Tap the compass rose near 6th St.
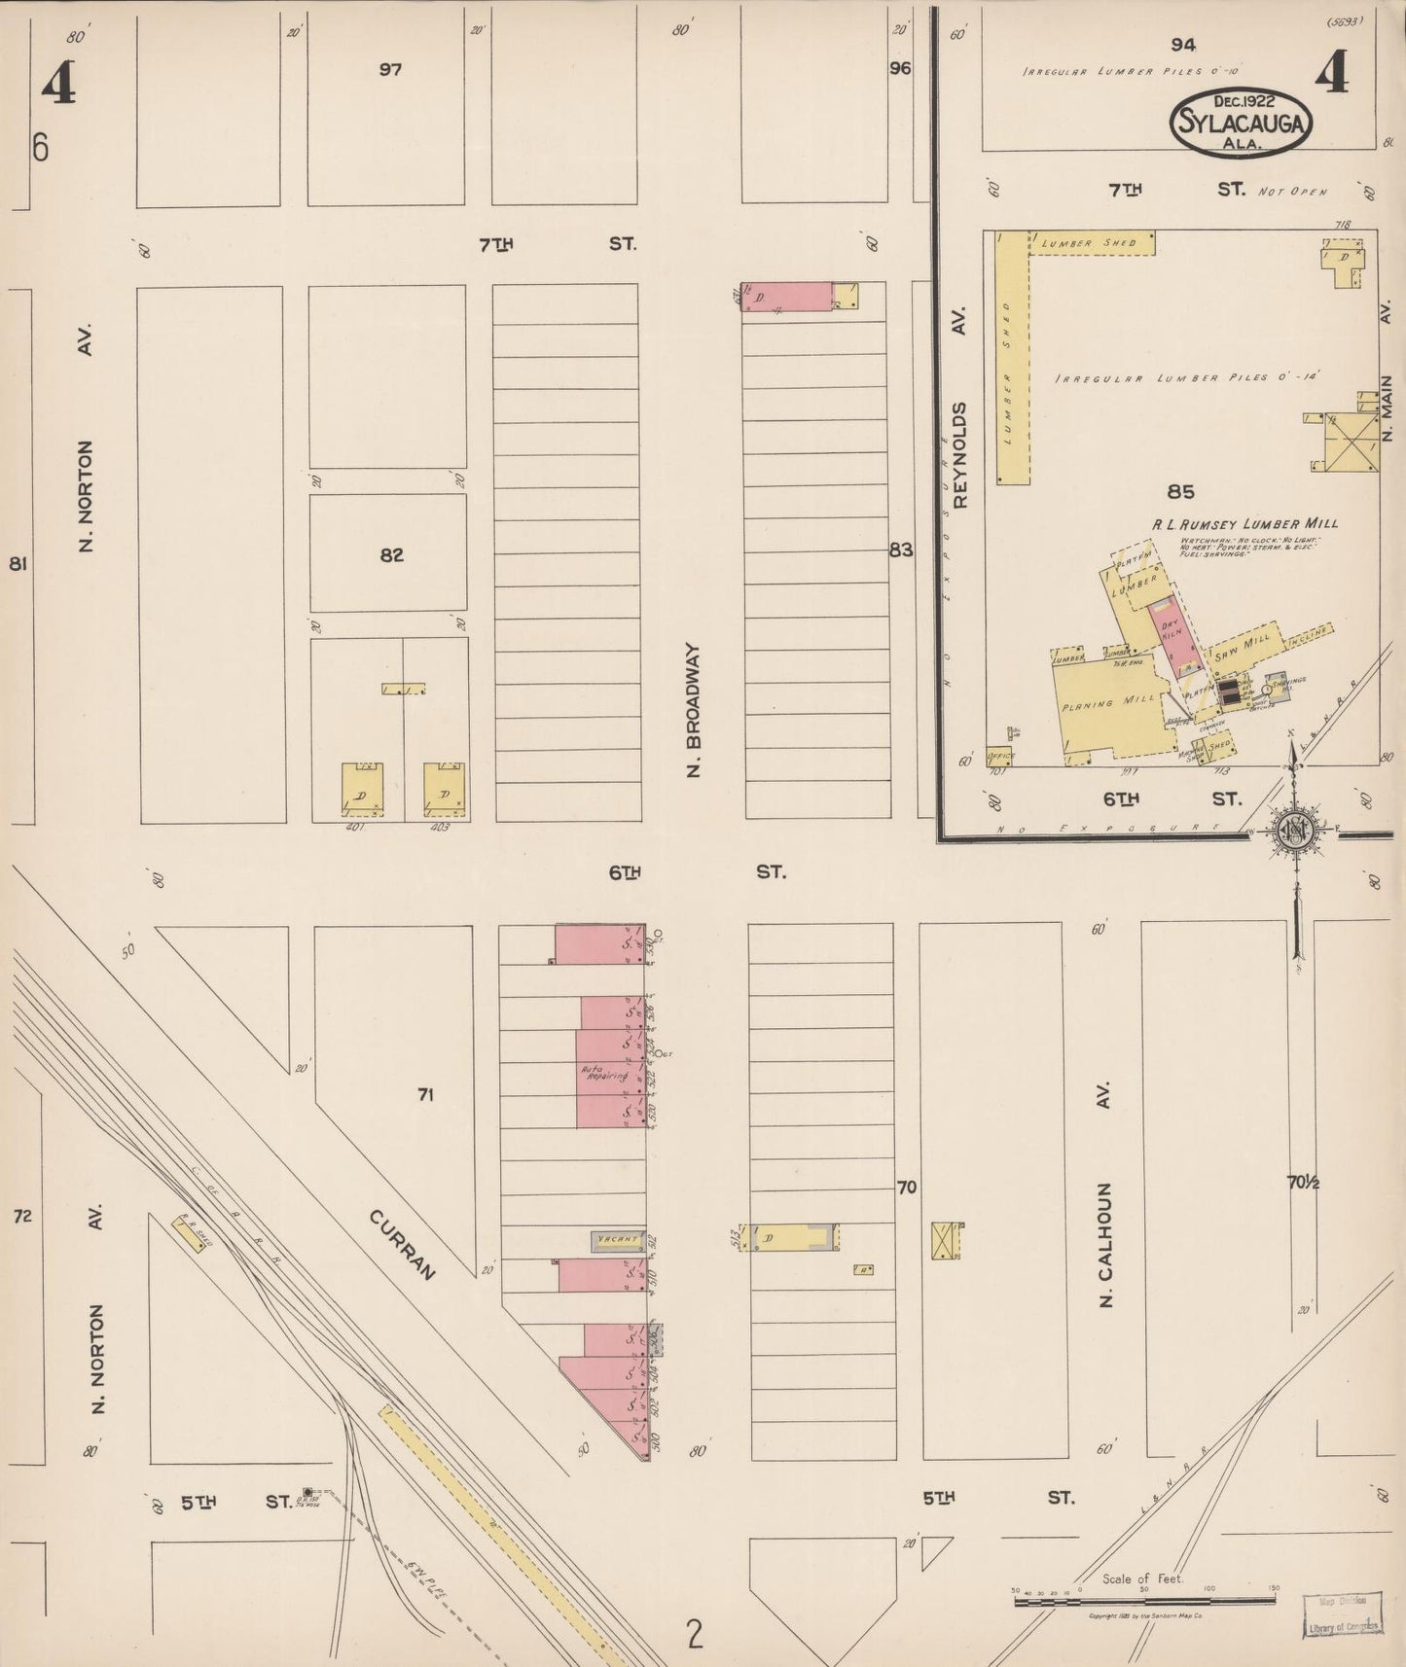click(1296, 830)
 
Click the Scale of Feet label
click(1143, 1578)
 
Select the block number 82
click(391, 555)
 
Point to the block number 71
click(425, 1095)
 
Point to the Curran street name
click(400, 1244)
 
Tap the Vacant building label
click(618, 1240)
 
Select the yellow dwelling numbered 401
click(361, 789)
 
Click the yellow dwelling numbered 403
click(444, 789)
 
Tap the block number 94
click(1183, 45)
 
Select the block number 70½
click(1303, 1183)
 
